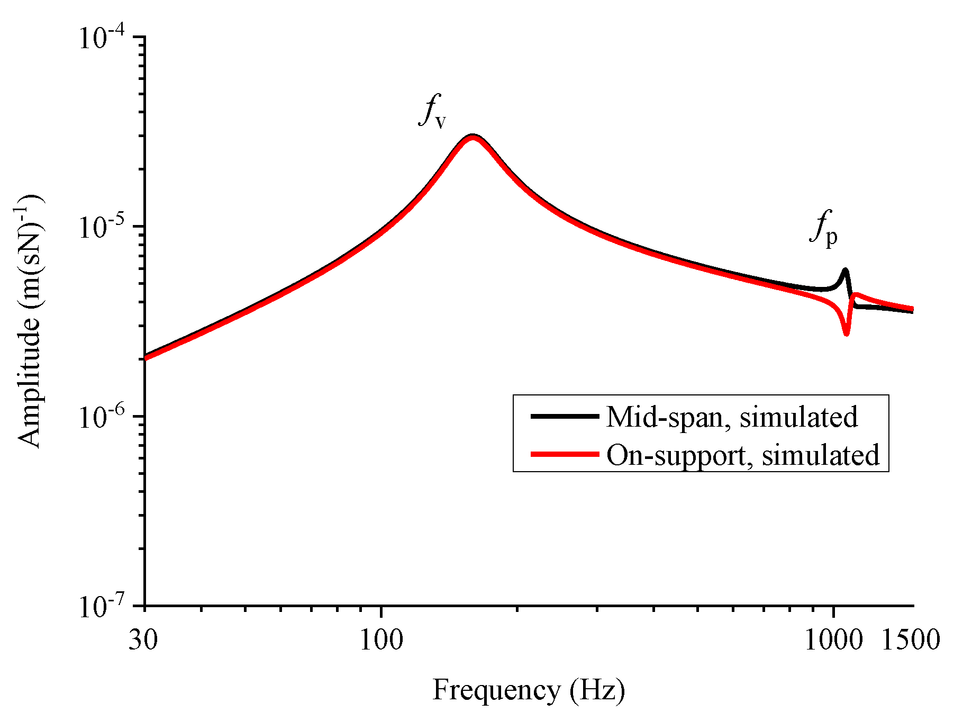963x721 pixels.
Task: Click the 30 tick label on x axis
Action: [x=143, y=639]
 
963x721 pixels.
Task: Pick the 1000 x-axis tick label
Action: [x=833, y=639]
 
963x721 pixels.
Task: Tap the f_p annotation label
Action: [x=823, y=229]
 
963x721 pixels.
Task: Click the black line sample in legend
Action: [x=565, y=416]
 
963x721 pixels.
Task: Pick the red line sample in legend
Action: [x=565, y=454]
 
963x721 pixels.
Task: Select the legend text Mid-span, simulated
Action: [x=732, y=417]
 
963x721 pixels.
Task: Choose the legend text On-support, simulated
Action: [x=743, y=455]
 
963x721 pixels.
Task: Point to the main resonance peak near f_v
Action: [x=472, y=137]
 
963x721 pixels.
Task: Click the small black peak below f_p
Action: [x=845, y=271]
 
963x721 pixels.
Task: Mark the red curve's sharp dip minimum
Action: [x=847, y=334]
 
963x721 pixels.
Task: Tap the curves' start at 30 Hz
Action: [x=146, y=357]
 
